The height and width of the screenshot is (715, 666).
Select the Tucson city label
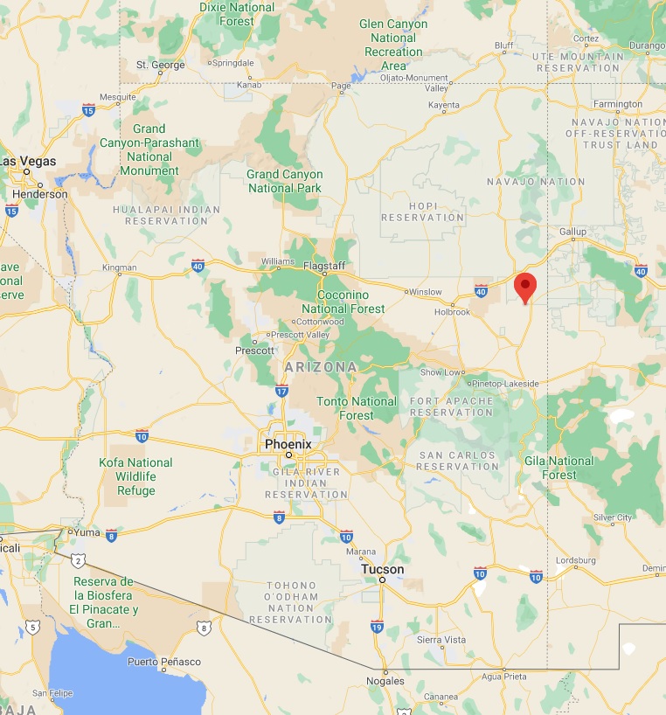point(383,569)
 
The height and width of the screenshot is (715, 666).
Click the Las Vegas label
point(28,161)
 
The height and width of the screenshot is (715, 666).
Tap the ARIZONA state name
point(320,367)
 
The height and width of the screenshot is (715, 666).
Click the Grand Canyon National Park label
point(284,181)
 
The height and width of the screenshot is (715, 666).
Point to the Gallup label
point(573,231)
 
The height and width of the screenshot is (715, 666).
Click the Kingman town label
point(120,267)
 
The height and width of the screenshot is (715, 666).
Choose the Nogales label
point(385,680)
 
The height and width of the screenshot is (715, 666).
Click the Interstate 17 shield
point(282,390)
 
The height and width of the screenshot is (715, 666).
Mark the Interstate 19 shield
point(377,626)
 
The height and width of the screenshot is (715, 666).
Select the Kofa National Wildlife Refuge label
point(135,476)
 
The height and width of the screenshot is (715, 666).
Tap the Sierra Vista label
point(441,640)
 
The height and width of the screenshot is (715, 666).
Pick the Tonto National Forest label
point(357,408)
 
